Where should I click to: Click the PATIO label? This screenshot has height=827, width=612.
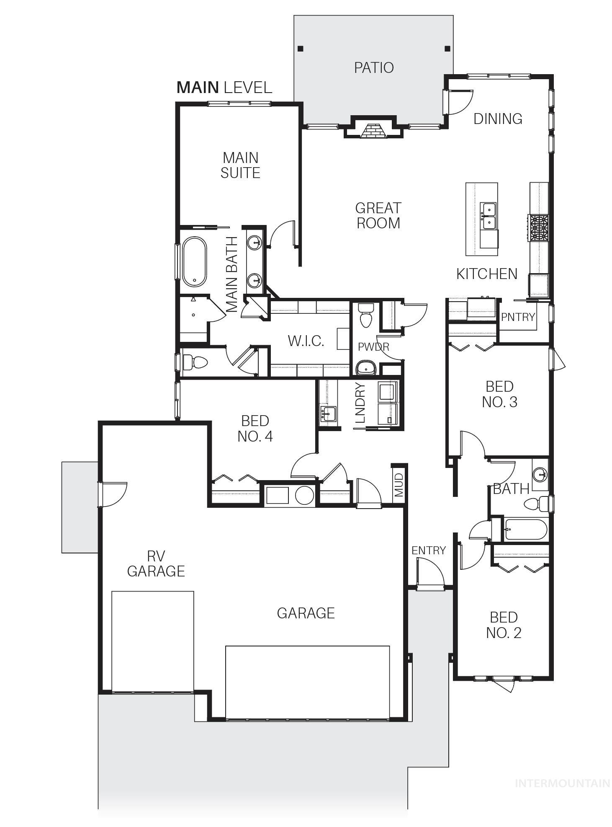[x=373, y=67]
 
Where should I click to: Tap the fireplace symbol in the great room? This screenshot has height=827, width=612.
[x=373, y=131]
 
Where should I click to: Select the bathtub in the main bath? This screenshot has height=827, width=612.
[x=194, y=262]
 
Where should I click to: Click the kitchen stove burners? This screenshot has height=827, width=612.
[x=539, y=228]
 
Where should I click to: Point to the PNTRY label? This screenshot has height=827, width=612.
[x=518, y=317]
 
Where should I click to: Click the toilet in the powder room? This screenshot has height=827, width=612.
[x=366, y=315]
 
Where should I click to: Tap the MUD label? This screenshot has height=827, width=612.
[x=399, y=485]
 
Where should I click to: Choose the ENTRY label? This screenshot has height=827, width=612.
[x=428, y=550]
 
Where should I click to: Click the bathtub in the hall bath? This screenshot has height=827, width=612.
[x=526, y=530]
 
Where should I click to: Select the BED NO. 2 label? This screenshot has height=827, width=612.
[x=504, y=625]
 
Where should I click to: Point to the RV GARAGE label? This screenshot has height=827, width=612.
[x=156, y=563]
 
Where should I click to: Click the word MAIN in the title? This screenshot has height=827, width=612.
[x=198, y=88]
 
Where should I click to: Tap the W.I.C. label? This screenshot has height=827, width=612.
[x=306, y=341]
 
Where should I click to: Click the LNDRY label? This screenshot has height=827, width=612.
[x=360, y=403]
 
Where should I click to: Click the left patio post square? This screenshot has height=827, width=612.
[x=300, y=49]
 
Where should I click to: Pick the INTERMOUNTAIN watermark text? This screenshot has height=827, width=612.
[x=562, y=783]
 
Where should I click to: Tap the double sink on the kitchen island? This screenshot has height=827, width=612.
[x=488, y=216]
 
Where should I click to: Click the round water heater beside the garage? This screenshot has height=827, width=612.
[x=304, y=495]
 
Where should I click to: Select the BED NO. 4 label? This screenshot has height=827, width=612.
[x=255, y=428]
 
